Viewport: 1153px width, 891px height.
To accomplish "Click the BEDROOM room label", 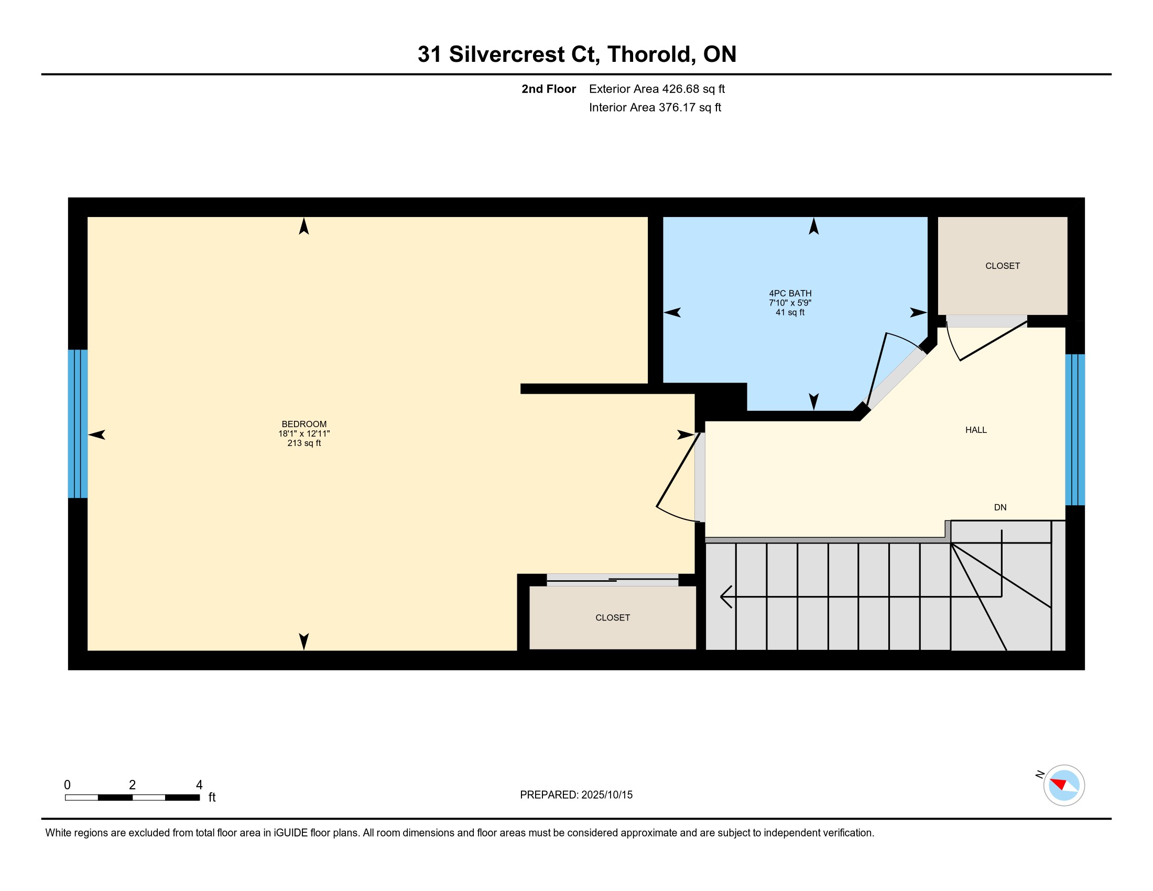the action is pyautogui.click(x=304, y=424).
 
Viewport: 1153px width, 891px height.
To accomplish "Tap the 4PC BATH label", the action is pyautogui.click(x=790, y=293).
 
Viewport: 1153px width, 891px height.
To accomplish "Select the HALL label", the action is pyautogui.click(x=976, y=430).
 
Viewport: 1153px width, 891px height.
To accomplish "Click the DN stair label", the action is pyautogui.click(x=1000, y=507).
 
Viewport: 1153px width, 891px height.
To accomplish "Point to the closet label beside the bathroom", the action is pyautogui.click(x=1002, y=266).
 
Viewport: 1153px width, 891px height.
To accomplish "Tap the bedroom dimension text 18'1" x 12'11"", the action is pyautogui.click(x=304, y=433).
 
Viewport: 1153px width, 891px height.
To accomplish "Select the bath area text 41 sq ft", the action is pyautogui.click(x=790, y=312).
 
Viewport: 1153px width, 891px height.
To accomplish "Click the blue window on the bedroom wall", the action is pyautogui.click(x=78, y=423).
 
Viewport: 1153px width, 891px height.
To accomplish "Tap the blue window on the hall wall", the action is pyautogui.click(x=1075, y=430).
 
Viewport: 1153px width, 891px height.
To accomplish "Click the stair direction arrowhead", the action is pyautogui.click(x=726, y=596).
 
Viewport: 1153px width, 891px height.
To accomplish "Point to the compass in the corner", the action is pyautogui.click(x=1064, y=785).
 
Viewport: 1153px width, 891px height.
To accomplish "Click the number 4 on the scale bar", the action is pyautogui.click(x=199, y=785).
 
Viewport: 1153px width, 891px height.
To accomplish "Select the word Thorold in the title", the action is pyautogui.click(x=652, y=55).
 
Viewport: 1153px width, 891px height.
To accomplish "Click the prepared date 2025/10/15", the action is pyautogui.click(x=606, y=795).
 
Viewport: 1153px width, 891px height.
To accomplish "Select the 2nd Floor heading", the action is pyautogui.click(x=549, y=89).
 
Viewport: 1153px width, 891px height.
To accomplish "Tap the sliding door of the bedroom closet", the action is pyautogui.click(x=612, y=580).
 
